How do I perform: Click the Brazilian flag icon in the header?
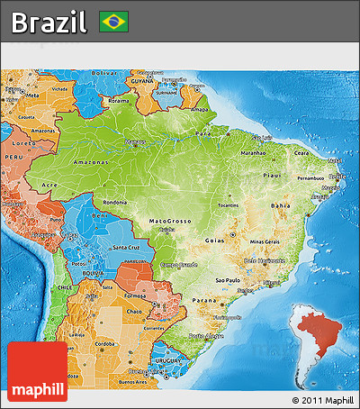tap(114, 21)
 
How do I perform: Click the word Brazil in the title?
tap(49, 22)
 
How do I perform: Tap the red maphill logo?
tap(37, 371)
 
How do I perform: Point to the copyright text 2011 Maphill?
tap(323, 399)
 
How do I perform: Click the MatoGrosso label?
tap(170, 221)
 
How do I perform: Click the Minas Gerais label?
tap(265, 242)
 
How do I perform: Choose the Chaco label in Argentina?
tap(134, 312)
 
